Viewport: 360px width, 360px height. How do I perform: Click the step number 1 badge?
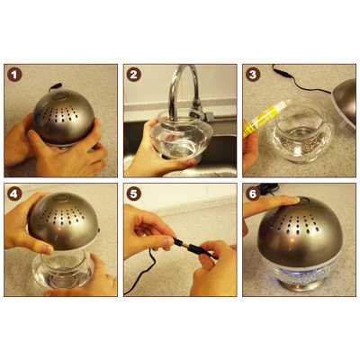click(x=14, y=75)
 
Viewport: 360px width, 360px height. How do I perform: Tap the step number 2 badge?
click(x=134, y=75)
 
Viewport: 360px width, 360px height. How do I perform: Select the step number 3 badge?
click(x=253, y=75)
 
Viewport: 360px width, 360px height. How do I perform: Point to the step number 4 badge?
click(x=14, y=193)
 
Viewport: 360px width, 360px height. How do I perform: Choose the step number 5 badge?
click(x=134, y=193)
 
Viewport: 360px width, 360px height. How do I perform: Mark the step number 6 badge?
click(x=253, y=193)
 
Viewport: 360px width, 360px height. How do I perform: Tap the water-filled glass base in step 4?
click(x=62, y=270)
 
